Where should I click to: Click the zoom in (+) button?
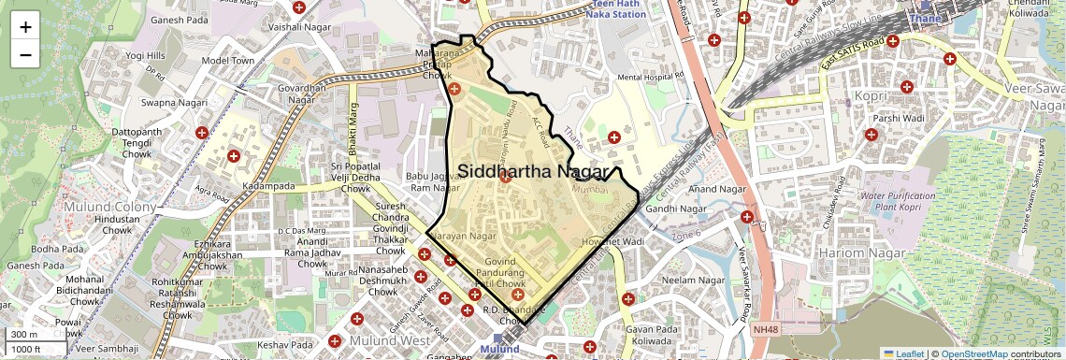pyautogui.click(x=25, y=27)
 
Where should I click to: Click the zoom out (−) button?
pyautogui.click(x=25, y=55)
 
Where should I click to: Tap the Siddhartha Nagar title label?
pyautogui.click(x=532, y=172)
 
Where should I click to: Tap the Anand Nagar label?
pyautogui.click(x=715, y=190)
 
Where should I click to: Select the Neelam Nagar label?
pyautogui.click(x=694, y=281)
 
